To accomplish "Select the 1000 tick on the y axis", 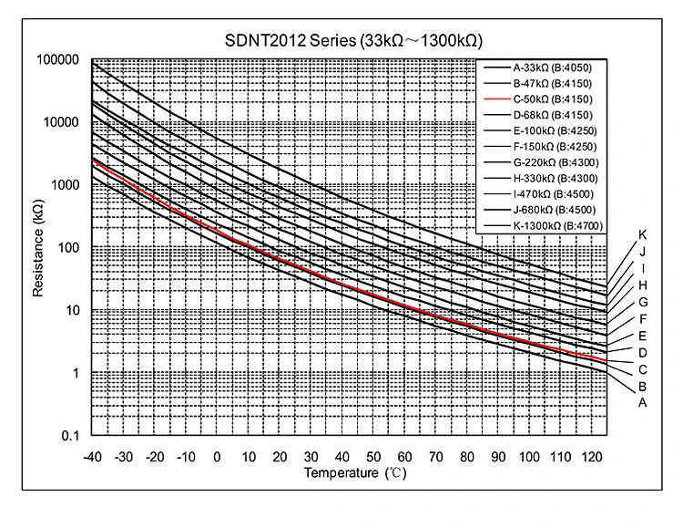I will [x=63, y=185].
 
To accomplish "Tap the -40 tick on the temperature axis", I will [x=91, y=456].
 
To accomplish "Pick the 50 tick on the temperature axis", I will [x=372, y=456].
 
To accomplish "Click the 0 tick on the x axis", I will [x=216, y=456].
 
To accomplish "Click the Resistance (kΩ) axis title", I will [x=38, y=247].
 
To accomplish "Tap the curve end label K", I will [x=643, y=235].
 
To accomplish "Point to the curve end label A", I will [x=643, y=401].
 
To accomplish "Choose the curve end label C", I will [x=643, y=368].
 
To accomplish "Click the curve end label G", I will [x=643, y=302].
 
